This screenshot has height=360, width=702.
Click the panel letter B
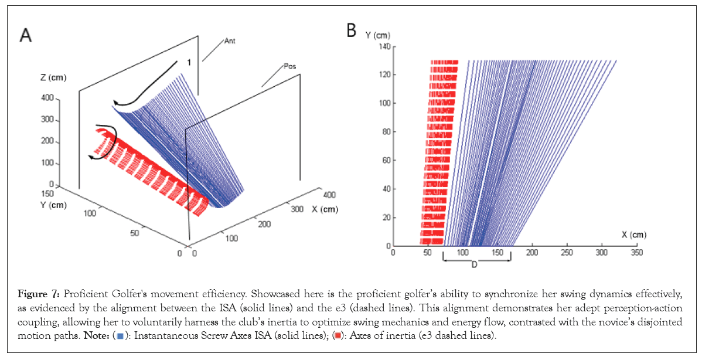[352, 30]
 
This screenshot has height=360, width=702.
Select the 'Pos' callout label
[289, 66]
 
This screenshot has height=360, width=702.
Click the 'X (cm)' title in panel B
[634, 235]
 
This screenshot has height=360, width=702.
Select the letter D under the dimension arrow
[473, 265]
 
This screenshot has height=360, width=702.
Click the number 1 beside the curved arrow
[189, 62]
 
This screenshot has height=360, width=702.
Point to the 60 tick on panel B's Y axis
[386, 160]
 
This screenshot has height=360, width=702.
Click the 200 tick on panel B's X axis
[532, 253]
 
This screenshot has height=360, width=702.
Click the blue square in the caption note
[120, 335]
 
